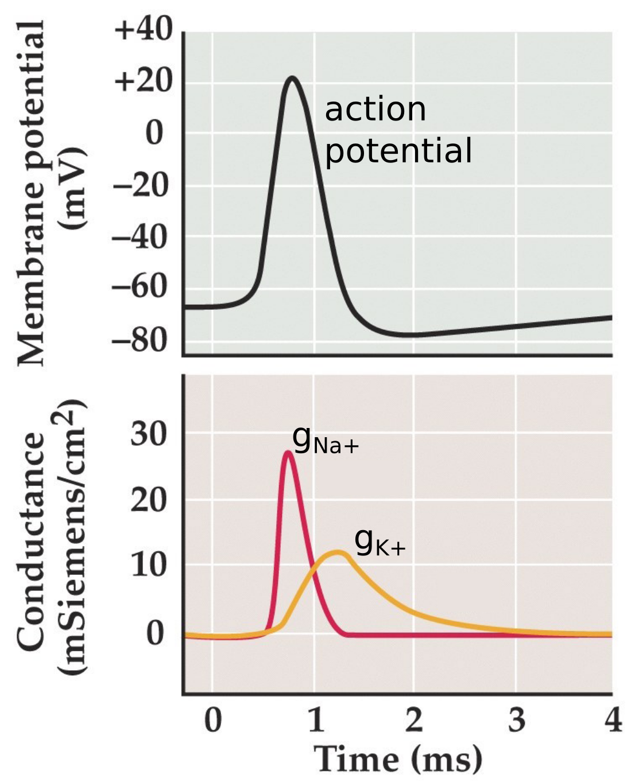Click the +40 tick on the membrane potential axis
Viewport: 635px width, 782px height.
point(144,30)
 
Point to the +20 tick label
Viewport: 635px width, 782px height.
point(144,81)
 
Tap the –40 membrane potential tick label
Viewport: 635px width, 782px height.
point(141,237)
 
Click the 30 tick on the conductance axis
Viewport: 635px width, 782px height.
point(149,434)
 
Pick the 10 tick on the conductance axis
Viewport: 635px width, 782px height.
point(149,565)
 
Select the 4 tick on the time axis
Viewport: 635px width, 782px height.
point(613,719)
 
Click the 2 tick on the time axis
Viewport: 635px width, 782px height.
point(414,719)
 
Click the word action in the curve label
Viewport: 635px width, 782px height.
point(375,110)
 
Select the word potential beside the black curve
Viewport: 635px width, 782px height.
point(398,151)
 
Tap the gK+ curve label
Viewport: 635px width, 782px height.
point(380,542)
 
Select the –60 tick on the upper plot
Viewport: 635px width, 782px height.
point(141,287)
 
